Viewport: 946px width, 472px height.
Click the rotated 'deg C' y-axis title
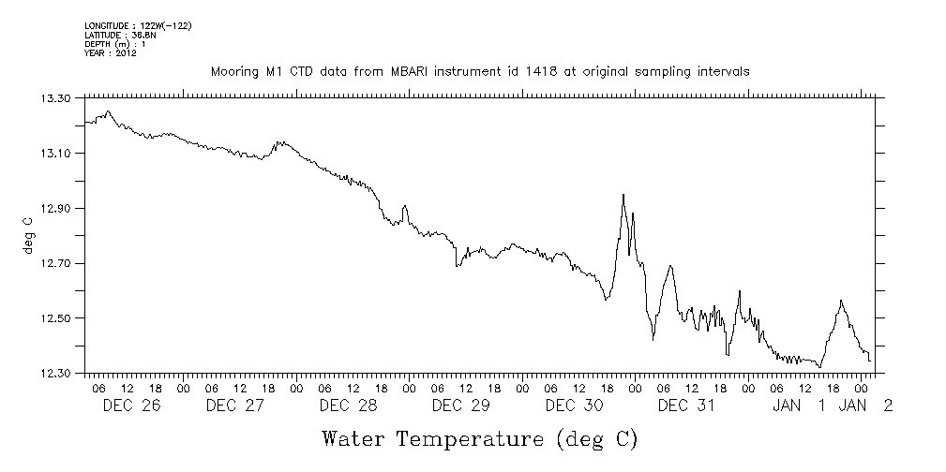29,236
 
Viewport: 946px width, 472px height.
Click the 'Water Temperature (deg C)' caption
479,438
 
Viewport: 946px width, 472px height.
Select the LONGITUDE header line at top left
138,25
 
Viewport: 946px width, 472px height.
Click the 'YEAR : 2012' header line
111,53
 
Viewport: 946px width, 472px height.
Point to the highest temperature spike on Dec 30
623,195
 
